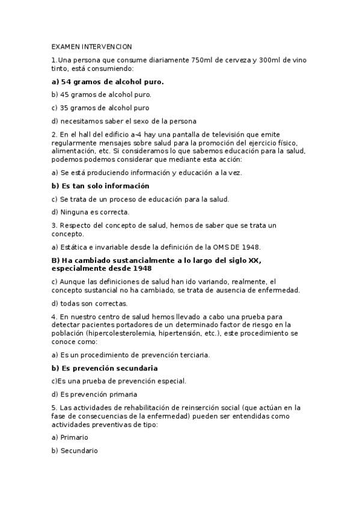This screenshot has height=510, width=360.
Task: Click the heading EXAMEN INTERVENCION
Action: click(91, 47)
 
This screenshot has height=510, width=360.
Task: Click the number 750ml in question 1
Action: click(201, 60)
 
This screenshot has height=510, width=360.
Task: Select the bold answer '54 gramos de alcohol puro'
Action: click(108, 81)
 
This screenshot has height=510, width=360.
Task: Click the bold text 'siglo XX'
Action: click(246, 260)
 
